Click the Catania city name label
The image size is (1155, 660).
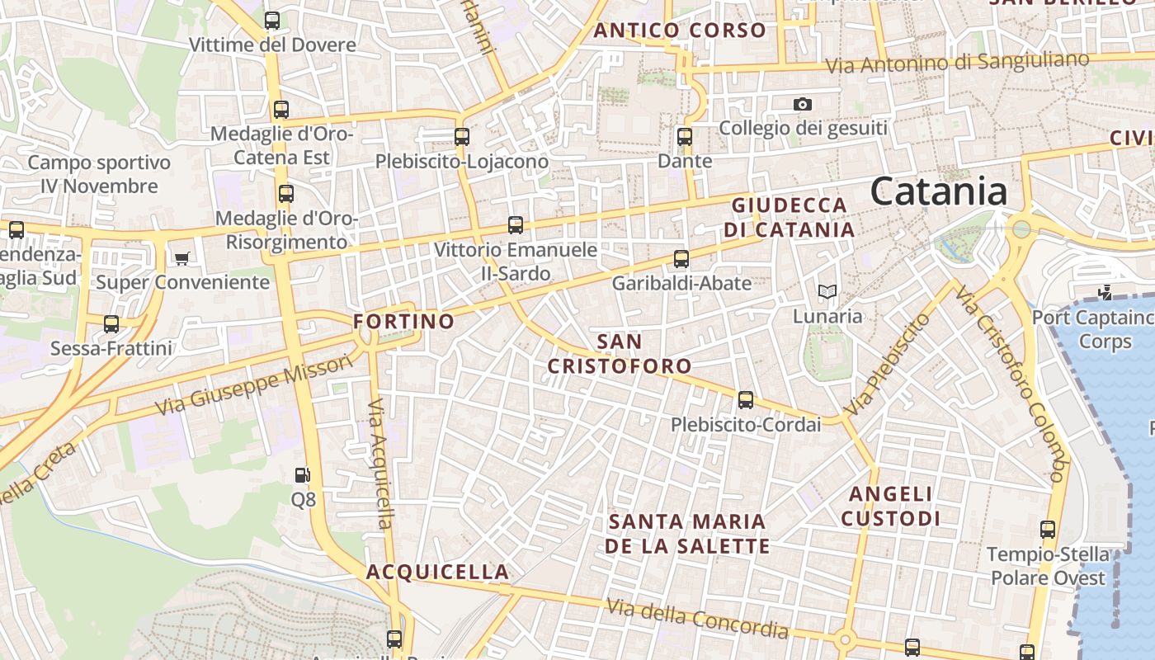click(939, 191)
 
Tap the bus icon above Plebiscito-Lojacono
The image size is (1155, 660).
click(462, 137)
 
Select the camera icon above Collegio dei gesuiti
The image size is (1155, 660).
click(802, 104)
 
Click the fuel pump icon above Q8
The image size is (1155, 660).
click(303, 475)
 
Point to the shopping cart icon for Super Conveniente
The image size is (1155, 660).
click(182, 258)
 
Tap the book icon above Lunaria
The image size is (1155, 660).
click(827, 291)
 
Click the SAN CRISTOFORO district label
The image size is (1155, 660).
click(620, 353)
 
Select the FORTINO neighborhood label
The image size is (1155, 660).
click(404, 321)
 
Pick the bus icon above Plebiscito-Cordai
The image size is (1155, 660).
click(746, 400)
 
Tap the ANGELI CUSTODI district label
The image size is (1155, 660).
click(891, 506)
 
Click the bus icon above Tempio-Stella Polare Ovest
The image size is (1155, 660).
click(1048, 530)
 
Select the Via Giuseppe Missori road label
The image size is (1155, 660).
click(252, 387)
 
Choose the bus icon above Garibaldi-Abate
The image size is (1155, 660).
click(681, 259)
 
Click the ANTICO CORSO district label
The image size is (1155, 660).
click(680, 31)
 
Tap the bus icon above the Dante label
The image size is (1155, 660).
click(685, 137)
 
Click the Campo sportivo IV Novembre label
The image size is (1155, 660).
click(99, 174)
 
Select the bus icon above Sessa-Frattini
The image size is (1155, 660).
click(111, 324)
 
